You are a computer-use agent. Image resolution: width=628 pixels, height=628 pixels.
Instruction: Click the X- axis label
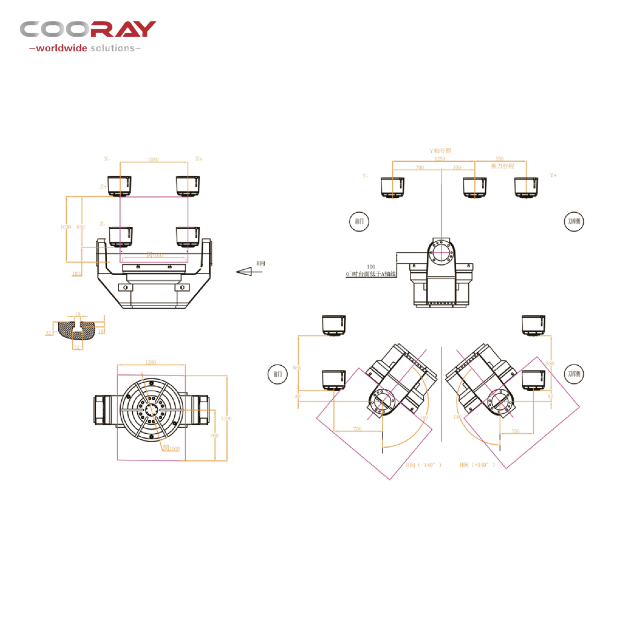[x=107, y=159]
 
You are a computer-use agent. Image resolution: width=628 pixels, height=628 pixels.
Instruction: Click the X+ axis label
[x=199, y=159]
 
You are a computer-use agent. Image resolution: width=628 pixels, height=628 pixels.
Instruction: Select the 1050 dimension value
[x=154, y=160]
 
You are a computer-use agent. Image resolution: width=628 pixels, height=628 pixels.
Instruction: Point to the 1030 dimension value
[x=66, y=227]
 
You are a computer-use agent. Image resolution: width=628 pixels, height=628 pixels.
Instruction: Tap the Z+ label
[x=103, y=187]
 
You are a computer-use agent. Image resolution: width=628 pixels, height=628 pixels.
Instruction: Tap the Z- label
[x=102, y=224]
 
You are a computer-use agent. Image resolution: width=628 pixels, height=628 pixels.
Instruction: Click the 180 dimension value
[x=77, y=274]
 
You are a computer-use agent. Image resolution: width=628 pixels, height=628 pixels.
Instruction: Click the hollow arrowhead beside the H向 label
[x=244, y=271]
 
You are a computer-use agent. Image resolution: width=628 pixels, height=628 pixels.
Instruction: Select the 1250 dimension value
[x=440, y=159]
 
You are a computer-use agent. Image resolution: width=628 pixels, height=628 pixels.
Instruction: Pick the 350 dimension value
[x=499, y=158]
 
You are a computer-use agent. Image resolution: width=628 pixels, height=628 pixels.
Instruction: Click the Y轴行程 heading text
[x=440, y=151]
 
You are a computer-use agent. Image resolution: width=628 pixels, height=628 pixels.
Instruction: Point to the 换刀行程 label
[x=503, y=166]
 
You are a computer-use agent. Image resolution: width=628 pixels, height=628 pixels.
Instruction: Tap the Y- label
[x=365, y=176]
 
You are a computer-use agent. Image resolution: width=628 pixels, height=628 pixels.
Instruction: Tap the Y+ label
[x=553, y=175]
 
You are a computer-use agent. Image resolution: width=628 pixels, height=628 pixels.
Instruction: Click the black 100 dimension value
[x=371, y=267]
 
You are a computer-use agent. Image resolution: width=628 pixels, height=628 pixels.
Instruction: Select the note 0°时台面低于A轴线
[x=371, y=274]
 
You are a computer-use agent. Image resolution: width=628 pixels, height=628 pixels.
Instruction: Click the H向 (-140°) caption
[x=424, y=465]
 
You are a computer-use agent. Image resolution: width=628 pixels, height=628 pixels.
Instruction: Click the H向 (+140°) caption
[x=477, y=465]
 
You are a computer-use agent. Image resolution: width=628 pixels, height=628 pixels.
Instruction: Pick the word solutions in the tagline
[x=112, y=48]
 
